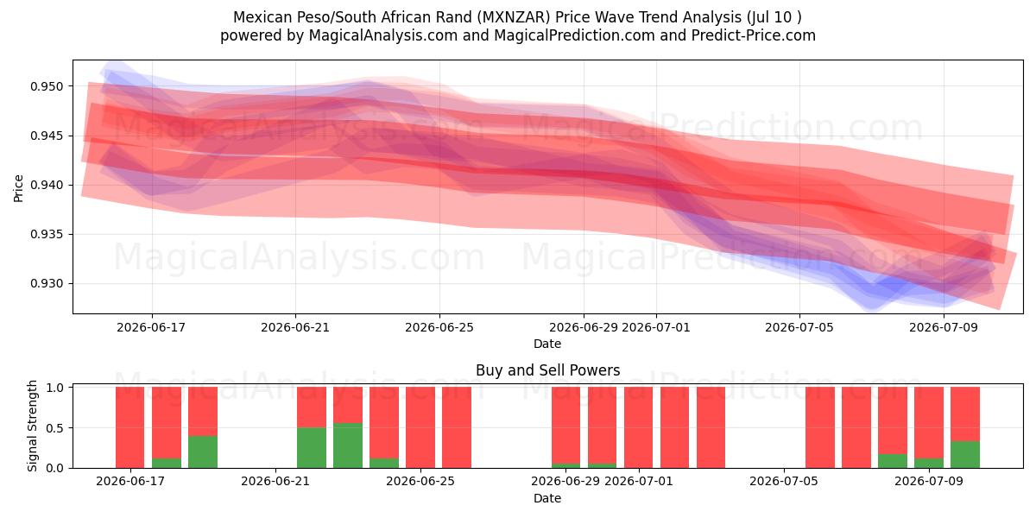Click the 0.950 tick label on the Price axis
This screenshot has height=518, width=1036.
[47, 86]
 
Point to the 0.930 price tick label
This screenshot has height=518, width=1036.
[47, 283]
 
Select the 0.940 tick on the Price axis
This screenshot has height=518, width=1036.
[47, 185]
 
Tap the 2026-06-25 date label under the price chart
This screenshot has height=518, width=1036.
[439, 327]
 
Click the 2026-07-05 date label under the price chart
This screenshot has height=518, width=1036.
[799, 327]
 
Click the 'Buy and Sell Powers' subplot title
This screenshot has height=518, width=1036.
[547, 370]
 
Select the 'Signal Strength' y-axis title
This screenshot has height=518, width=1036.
[32, 426]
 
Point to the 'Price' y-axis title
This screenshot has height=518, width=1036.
[18, 188]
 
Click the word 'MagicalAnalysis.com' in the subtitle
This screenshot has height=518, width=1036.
[383, 35]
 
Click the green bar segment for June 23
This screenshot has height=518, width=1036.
[348, 445]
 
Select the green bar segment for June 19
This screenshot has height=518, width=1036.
[203, 452]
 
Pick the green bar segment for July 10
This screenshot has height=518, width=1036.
[965, 455]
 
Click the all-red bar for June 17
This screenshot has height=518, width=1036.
[130, 427]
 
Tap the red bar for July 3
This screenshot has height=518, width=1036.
[711, 427]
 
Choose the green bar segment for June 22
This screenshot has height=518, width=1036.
[312, 448]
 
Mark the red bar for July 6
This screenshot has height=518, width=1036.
[820, 427]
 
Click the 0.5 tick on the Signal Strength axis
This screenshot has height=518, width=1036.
[55, 428]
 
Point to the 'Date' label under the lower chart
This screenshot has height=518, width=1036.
[547, 498]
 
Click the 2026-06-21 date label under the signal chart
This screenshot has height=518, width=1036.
[275, 482]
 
